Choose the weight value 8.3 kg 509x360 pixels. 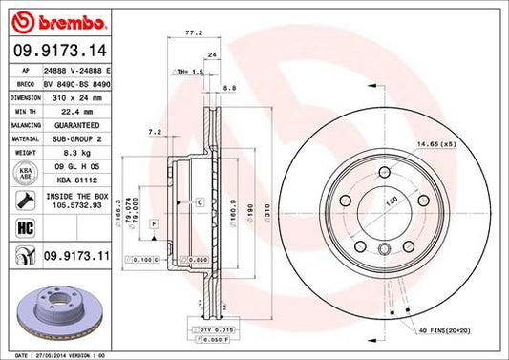(x=63, y=150)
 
